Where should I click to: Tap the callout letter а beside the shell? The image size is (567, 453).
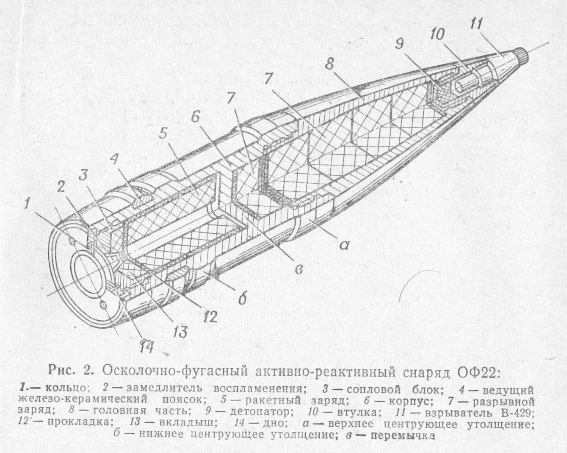point(343,246)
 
